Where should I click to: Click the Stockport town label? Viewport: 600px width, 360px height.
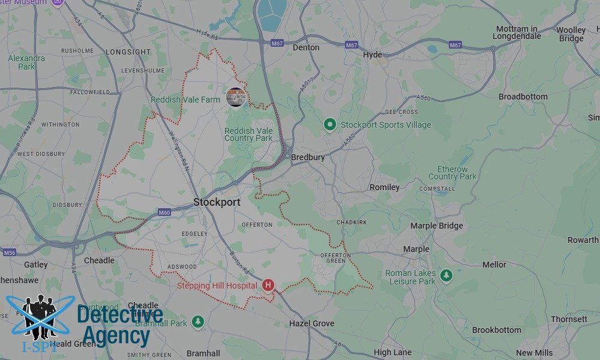point(217,202)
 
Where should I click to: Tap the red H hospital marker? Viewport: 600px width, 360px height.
point(268,285)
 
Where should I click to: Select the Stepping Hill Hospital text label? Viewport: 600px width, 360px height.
point(217,286)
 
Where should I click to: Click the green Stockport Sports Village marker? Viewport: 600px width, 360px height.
point(329,125)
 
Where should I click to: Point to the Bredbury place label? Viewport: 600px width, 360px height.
point(308,157)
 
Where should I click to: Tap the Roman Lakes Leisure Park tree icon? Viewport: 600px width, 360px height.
point(446,275)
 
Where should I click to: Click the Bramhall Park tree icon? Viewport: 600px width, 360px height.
point(198,322)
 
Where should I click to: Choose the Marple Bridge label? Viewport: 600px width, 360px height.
point(436,226)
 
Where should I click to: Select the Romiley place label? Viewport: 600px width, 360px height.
point(384,187)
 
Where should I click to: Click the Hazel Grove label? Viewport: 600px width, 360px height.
point(311,323)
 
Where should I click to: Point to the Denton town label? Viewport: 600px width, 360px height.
point(306,47)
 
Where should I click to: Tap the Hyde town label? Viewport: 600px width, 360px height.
point(372,55)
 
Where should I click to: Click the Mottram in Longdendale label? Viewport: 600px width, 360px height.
point(517,32)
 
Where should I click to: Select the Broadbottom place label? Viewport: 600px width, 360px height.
point(523,97)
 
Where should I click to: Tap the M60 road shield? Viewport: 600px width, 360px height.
point(164,212)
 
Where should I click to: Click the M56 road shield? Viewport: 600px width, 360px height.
point(9,253)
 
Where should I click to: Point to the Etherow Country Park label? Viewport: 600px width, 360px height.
point(452,173)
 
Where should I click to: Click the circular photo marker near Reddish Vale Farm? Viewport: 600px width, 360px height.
point(236,97)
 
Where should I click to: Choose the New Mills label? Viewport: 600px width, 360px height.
point(534,353)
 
